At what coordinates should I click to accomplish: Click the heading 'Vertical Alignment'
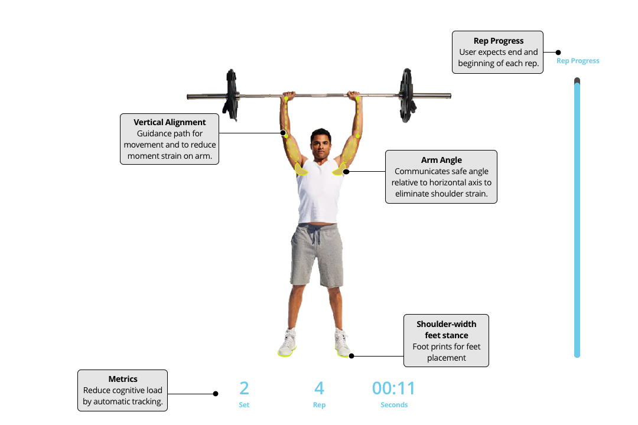pyautogui.click(x=170, y=122)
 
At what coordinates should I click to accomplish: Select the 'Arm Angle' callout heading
pyautogui.click(x=441, y=160)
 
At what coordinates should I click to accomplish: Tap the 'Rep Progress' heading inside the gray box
pyautogui.click(x=499, y=41)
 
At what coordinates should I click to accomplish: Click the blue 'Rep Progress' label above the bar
pyautogui.click(x=578, y=61)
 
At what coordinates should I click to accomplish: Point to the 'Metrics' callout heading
pyautogui.click(x=123, y=379)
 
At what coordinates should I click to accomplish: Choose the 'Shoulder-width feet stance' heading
pyautogui.click(x=447, y=330)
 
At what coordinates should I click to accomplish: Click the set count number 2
pyautogui.click(x=244, y=388)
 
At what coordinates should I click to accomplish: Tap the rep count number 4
pyautogui.click(x=320, y=388)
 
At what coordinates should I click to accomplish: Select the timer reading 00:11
pyautogui.click(x=393, y=388)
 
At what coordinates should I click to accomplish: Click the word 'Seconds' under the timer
pyautogui.click(x=394, y=405)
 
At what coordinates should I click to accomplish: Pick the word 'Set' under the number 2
pyautogui.click(x=244, y=405)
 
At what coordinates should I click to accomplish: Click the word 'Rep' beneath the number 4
pyautogui.click(x=320, y=405)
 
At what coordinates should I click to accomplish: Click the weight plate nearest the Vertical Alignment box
pyautogui.click(x=231, y=96)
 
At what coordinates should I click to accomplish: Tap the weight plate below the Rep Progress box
pyautogui.click(x=407, y=96)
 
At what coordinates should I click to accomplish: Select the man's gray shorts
pyautogui.click(x=317, y=255)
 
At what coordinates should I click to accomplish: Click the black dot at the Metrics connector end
pyautogui.click(x=216, y=394)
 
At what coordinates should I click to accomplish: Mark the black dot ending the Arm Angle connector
pyautogui.click(x=346, y=172)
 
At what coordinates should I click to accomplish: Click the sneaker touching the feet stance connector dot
pyautogui.click(x=343, y=344)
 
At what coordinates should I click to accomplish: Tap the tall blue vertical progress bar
pyautogui.click(x=577, y=218)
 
